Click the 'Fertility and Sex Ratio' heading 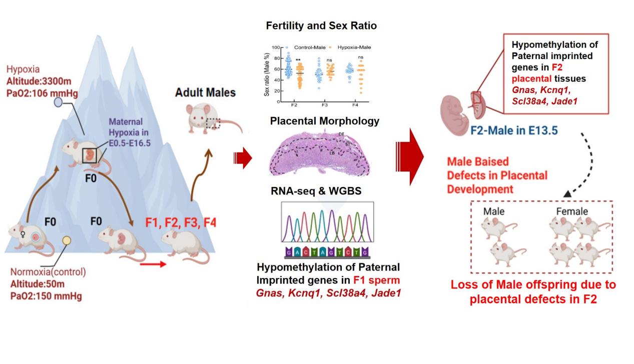pyautogui.click(x=321, y=25)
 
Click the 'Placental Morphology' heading pyautogui.click(x=325, y=121)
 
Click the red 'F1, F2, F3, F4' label pyautogui.click(x=181, y=222)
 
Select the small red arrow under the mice pyautogui.click(x=152, y=263)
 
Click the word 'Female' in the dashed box pyautogui.click(x=572, y=211)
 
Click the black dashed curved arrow pyautogui.click(x=584, y=165)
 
